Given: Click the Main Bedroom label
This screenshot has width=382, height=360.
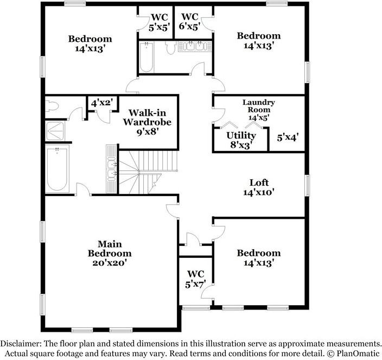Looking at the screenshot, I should [x=110, y=249].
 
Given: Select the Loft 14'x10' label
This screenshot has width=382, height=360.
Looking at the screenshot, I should [x=259, y=187].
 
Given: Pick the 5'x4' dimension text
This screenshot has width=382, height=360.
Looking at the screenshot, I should [x=288, y=138].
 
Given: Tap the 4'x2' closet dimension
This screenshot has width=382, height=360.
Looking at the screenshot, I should [x=101, y=102].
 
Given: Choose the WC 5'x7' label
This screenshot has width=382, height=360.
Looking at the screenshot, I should [x=195, y=279].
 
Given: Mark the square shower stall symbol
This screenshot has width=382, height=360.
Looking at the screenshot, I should [x=56, y=131].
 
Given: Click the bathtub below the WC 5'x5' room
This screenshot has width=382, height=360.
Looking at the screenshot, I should [x=147, y=58].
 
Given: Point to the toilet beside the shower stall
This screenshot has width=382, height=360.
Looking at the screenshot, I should [x=53, y=105].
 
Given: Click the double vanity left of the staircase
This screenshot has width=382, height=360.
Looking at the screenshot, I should [x=112, y=168].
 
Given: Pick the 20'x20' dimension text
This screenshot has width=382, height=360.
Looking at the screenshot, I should [x=110, y=262].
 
